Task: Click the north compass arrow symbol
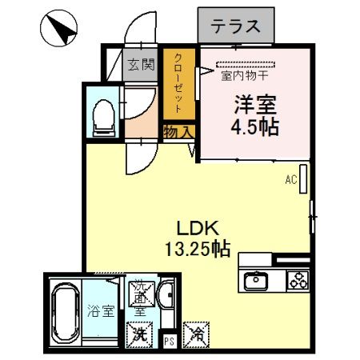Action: point(58,30)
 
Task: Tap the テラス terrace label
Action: point(236,26)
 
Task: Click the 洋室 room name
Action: point(255,105)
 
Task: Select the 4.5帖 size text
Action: point(255,128)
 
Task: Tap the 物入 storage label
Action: point(177,132)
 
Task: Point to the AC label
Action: point(291,181)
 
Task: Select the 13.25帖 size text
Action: point(197,248)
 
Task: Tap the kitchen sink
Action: point(257,280)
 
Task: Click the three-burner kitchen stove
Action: point(298,280)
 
